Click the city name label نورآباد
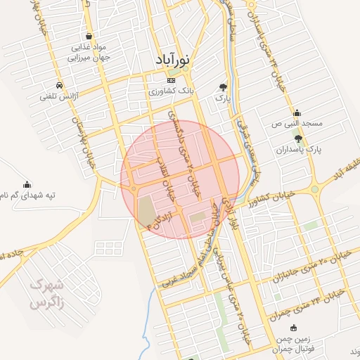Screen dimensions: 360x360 [x=169, y=61]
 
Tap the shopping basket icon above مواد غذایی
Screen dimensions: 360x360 [x=88, y=35]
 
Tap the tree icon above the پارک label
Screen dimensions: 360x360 [x=223, y=88]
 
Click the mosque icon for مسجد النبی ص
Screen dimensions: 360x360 [x=298, y=112]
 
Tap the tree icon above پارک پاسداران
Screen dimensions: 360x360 [x=299, y=139]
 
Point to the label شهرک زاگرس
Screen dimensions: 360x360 [x=46, y=295]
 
